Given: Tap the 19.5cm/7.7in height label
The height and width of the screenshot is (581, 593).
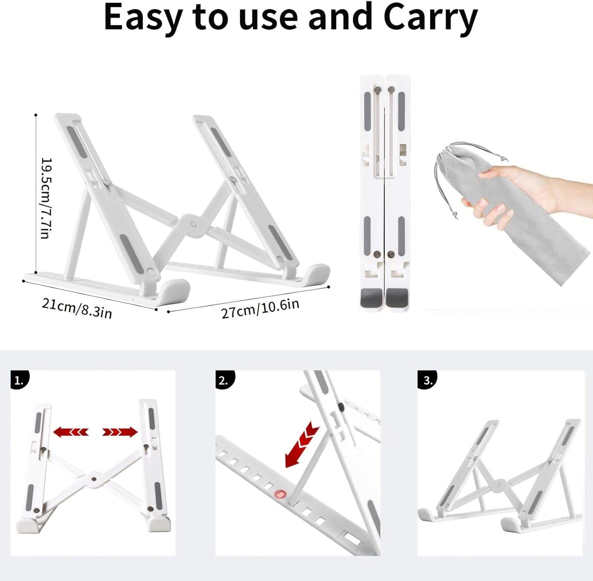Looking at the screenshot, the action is [46, 199].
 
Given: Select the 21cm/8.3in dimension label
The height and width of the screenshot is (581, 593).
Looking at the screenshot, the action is [77, 309].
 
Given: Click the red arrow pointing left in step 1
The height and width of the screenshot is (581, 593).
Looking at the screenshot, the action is [71, 432].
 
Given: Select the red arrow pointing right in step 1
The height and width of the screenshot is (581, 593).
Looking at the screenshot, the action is [120, 432].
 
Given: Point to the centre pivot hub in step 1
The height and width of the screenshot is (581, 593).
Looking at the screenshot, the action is [94, 479].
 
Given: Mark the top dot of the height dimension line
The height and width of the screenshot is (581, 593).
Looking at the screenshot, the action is [36, 115].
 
